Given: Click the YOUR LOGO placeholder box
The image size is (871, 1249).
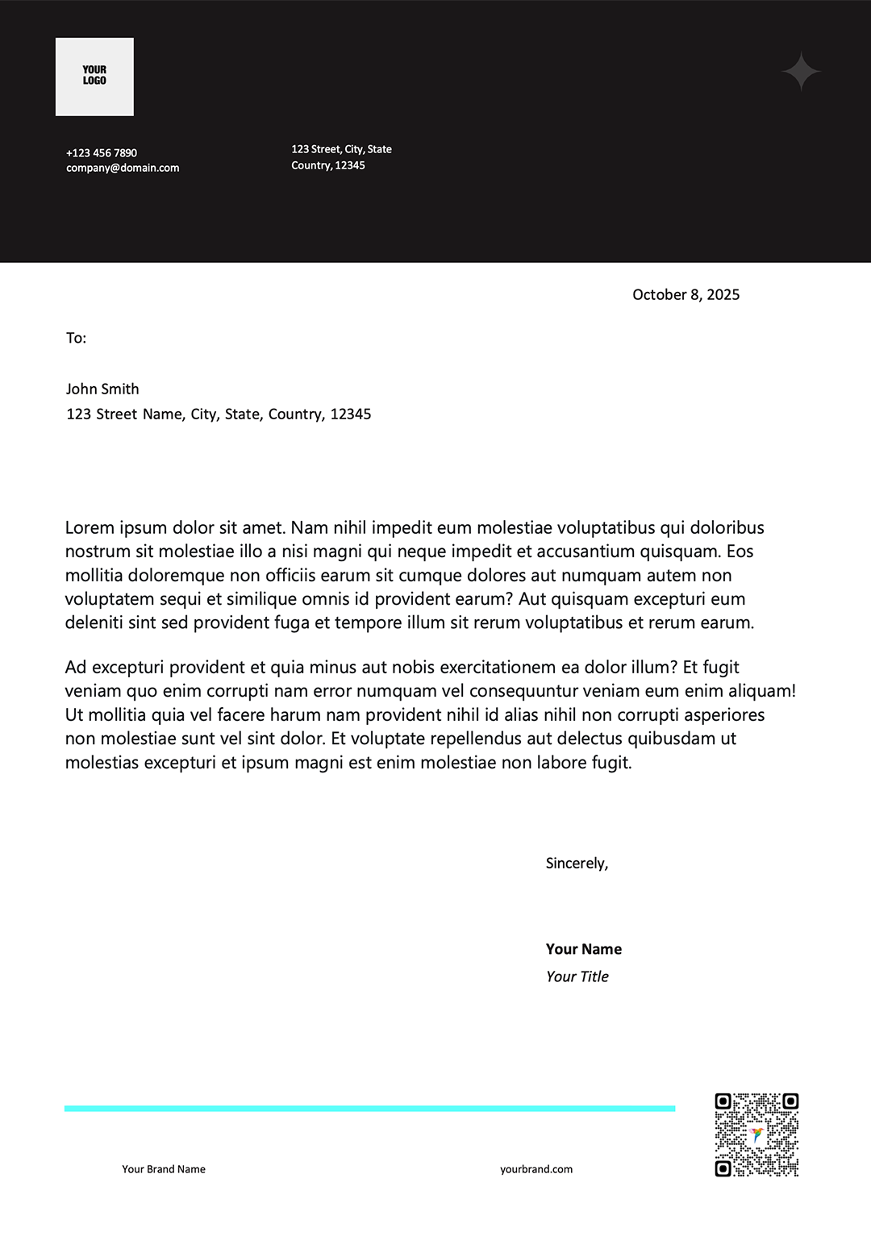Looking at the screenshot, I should pos(94,77).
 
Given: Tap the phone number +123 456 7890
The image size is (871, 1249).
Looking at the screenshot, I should pos(102,152).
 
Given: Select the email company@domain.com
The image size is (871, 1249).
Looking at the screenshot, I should pos(123,168).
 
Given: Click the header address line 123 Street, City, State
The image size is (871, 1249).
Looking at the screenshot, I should pos(341,149).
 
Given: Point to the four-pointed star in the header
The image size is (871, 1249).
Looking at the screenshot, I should pos(801,73).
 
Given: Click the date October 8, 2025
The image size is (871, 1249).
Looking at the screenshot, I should pos(686,294).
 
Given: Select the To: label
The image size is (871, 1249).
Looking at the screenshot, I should pos(76,338).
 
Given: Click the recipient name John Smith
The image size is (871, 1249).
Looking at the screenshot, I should pos(102,389).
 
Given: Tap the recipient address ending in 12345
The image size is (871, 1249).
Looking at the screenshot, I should pos(219,414).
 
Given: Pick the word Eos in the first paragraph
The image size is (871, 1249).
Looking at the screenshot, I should pos(740,551).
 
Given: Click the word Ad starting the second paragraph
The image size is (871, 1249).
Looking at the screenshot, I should pos(75,667).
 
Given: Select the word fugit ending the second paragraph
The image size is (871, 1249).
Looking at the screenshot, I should pos(609,762).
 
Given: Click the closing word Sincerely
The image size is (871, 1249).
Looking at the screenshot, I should pos(577,863).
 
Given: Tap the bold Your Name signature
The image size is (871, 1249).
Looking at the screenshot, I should pos(583,949).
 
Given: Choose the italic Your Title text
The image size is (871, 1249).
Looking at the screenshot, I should pos(577,976).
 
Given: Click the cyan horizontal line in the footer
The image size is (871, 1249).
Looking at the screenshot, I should pos(369,1109).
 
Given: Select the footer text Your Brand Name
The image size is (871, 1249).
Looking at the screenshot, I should pos(164,1169).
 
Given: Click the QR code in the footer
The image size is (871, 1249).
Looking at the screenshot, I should pos(756,1135).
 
